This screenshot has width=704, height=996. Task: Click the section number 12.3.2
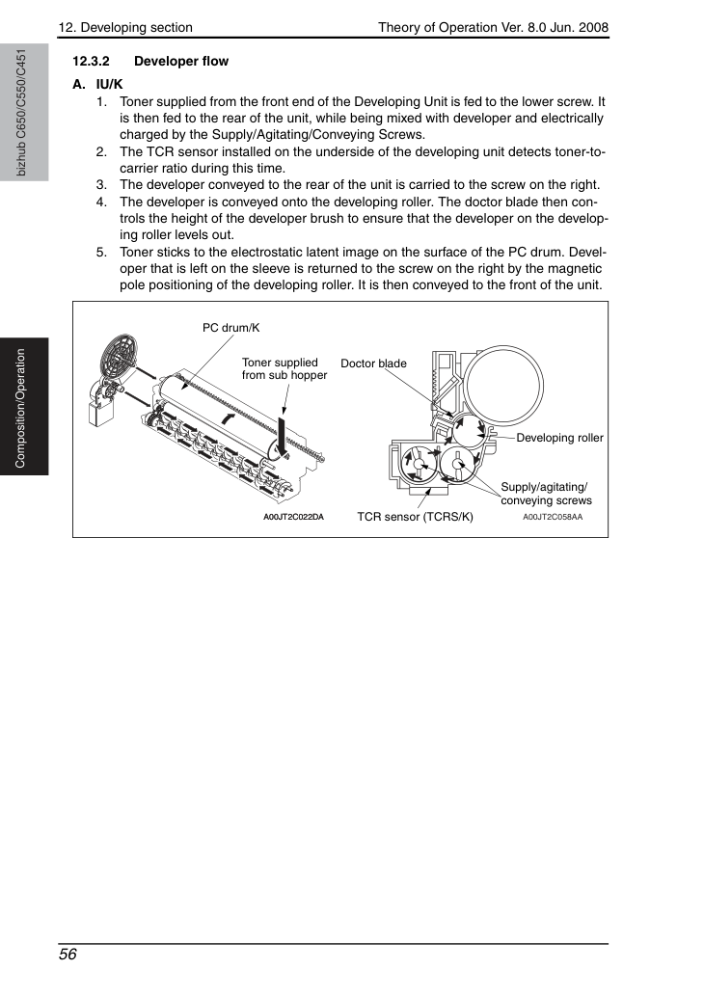[x=91, y=62]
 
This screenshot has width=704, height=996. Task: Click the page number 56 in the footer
[x=68, y=955]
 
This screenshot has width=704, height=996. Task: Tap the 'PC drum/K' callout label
[x=230, y=328]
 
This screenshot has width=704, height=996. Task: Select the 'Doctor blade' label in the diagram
[x=373, y=363]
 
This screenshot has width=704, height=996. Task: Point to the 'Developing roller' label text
[x=559, y=438]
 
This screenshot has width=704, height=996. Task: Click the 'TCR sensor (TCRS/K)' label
[x=415, y=517]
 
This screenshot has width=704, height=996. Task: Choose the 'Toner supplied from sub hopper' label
[x=284, y=368]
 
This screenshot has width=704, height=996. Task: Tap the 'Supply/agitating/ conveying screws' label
[x=546, y=494]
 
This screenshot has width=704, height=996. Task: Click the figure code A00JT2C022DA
[x=293, y=517]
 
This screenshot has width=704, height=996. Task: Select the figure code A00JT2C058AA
[x=553, y=517]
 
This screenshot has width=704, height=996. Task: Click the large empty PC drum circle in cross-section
[x=505, y=386]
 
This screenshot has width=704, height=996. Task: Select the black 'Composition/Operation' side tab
[x=24, y=407]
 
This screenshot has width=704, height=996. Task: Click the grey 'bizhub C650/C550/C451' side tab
[x=24, y=113]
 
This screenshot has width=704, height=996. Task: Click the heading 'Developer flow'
[x=181, y=62]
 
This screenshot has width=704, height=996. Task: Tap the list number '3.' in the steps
[x=101, y=185]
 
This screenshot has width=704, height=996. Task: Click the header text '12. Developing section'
[x=125, y=27]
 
